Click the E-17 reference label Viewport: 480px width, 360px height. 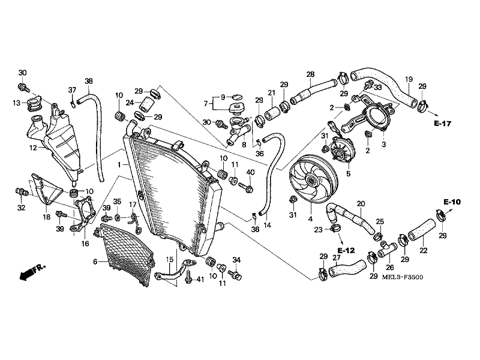[x=442, y=124]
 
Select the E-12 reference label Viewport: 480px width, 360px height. [x=347, y=249]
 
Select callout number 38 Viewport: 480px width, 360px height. [x=88, y=82]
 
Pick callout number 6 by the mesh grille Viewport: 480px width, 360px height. [x=95, y=262]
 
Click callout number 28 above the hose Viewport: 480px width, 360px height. [x=310, y=75]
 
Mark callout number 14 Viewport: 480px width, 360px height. [x=268, y=225]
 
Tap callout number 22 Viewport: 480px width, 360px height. [x=423, y=250]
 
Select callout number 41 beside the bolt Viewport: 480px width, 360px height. [x=200, y=280]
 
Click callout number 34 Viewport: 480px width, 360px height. [x=236, y=260]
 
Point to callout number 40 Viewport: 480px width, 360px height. [x=250, y=173]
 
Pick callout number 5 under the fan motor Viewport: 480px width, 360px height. [x=349, y=175]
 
